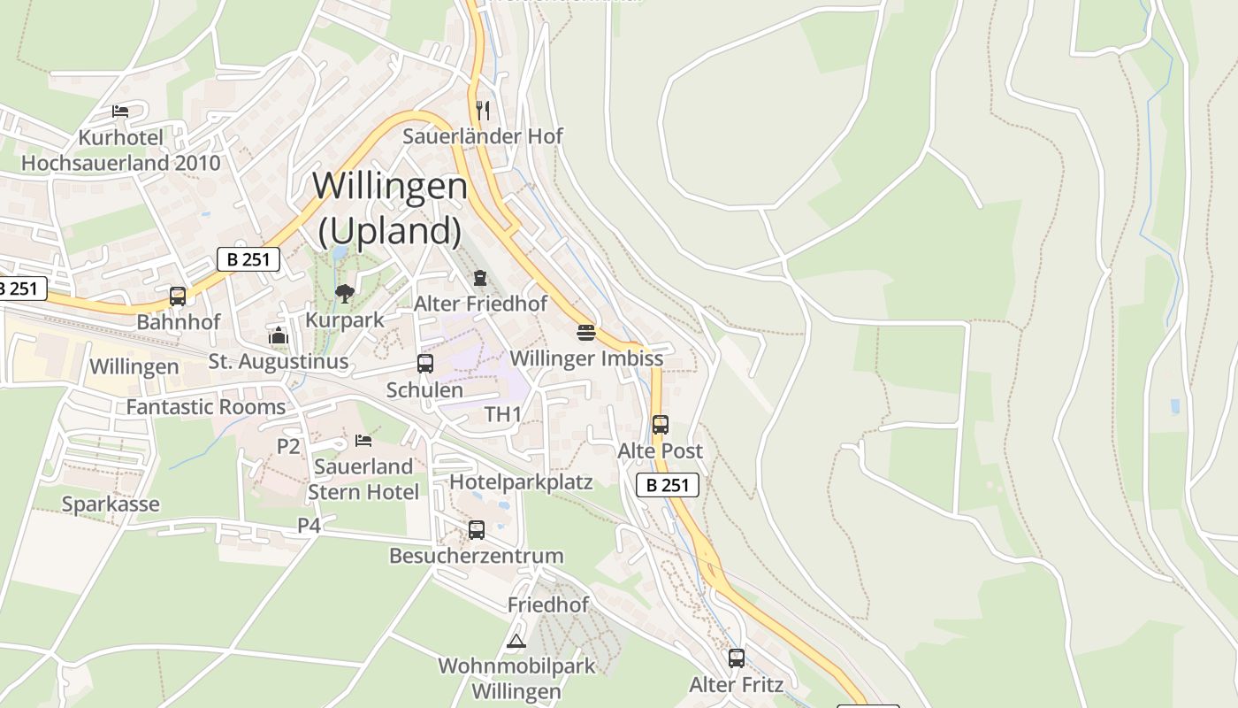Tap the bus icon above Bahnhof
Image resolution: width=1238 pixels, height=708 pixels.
tap(178, 296)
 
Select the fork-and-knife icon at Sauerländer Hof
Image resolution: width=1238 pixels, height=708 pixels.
tap(483, 110)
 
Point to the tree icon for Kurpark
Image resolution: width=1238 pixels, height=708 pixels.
tap(344, 293)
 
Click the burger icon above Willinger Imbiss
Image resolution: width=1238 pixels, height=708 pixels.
tap(585, 333)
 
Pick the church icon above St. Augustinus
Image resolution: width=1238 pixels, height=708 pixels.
tap(279, 335)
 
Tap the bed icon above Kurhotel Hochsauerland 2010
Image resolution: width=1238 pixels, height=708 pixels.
tap(120, 112)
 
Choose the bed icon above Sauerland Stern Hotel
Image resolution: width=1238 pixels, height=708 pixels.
tap(363, 440)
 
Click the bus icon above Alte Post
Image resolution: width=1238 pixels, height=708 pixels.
tap(660, 425)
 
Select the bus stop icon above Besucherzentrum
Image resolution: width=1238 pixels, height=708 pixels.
tap(476, 530)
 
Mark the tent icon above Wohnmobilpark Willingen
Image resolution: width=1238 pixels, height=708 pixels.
tap(516, 640)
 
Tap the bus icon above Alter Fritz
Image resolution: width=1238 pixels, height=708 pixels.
tap(736, 658)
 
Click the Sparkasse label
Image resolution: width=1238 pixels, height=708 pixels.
tap(111, 504)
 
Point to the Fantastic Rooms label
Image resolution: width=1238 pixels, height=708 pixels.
tap(206, 407)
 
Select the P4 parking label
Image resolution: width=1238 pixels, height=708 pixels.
tap(308, 526)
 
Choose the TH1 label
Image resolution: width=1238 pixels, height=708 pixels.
tap(503, 414)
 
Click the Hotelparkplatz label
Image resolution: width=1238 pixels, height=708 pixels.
tap(521, 481)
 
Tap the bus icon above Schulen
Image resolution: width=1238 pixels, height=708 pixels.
tap(424, 364)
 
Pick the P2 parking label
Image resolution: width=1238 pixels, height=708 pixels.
tap(288, 446)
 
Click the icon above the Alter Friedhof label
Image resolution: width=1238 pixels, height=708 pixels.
tap(479, 278)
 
